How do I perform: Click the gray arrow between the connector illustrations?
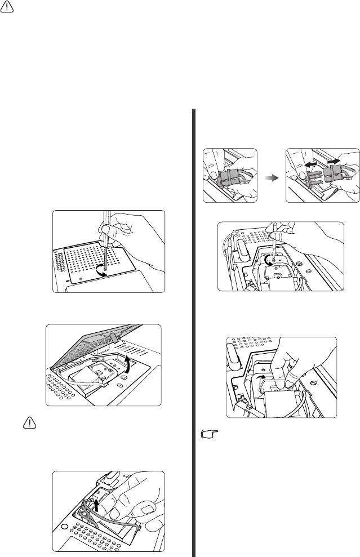270,176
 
